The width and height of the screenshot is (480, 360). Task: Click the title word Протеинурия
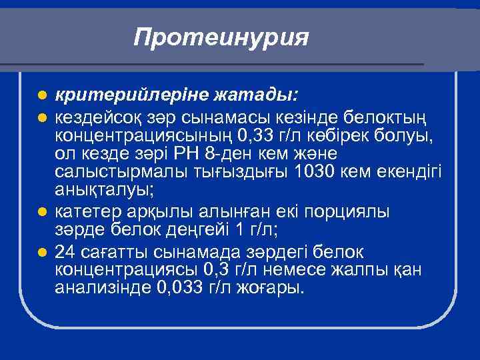(221, 37)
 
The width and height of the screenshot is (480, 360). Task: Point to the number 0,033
(183, 288)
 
